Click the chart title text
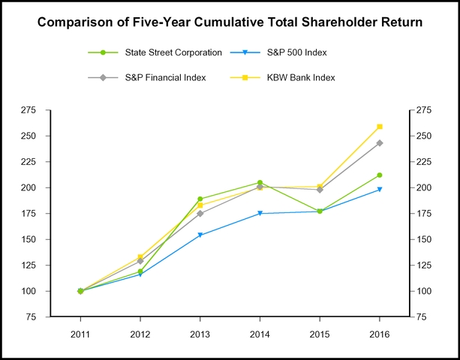230,22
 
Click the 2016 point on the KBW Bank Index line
380,127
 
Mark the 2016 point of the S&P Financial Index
380,143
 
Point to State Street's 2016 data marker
380,175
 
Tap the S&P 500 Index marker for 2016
380,190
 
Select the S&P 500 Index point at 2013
200,235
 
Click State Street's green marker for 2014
260,182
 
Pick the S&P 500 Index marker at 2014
260,214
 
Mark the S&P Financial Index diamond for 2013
200,214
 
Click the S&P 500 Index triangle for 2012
140,275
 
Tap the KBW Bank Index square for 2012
140,257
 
